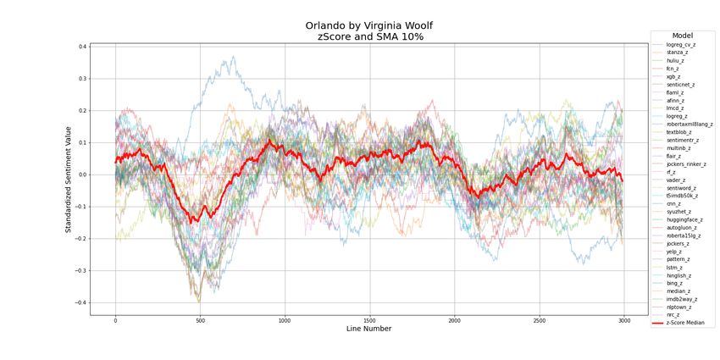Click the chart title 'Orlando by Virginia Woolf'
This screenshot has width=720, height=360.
(x=369, y=25)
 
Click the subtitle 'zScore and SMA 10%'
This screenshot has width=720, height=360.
(x=369, y=36)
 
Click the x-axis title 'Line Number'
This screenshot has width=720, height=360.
(x=369, y=328)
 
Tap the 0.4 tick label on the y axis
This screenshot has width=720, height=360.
(x=82, y=47)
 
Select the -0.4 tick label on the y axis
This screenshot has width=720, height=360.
(x=80, y=302)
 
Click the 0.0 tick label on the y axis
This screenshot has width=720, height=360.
(x=82, y=174)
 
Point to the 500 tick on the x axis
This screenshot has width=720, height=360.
(x=200, y=320)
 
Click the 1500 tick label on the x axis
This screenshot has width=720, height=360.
(x=369, y=320)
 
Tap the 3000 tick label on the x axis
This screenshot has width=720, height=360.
(x=623, y=320)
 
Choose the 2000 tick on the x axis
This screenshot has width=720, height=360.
(x=454, y=320)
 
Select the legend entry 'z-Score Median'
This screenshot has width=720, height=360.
(x=684, y=323)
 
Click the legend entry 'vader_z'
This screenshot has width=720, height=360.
(x=676, y=180)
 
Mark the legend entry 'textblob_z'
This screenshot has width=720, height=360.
(x=678, y=132)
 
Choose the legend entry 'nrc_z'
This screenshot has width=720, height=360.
(x=674, y=314)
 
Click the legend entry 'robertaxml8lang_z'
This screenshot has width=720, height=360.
(x=689, y=124)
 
